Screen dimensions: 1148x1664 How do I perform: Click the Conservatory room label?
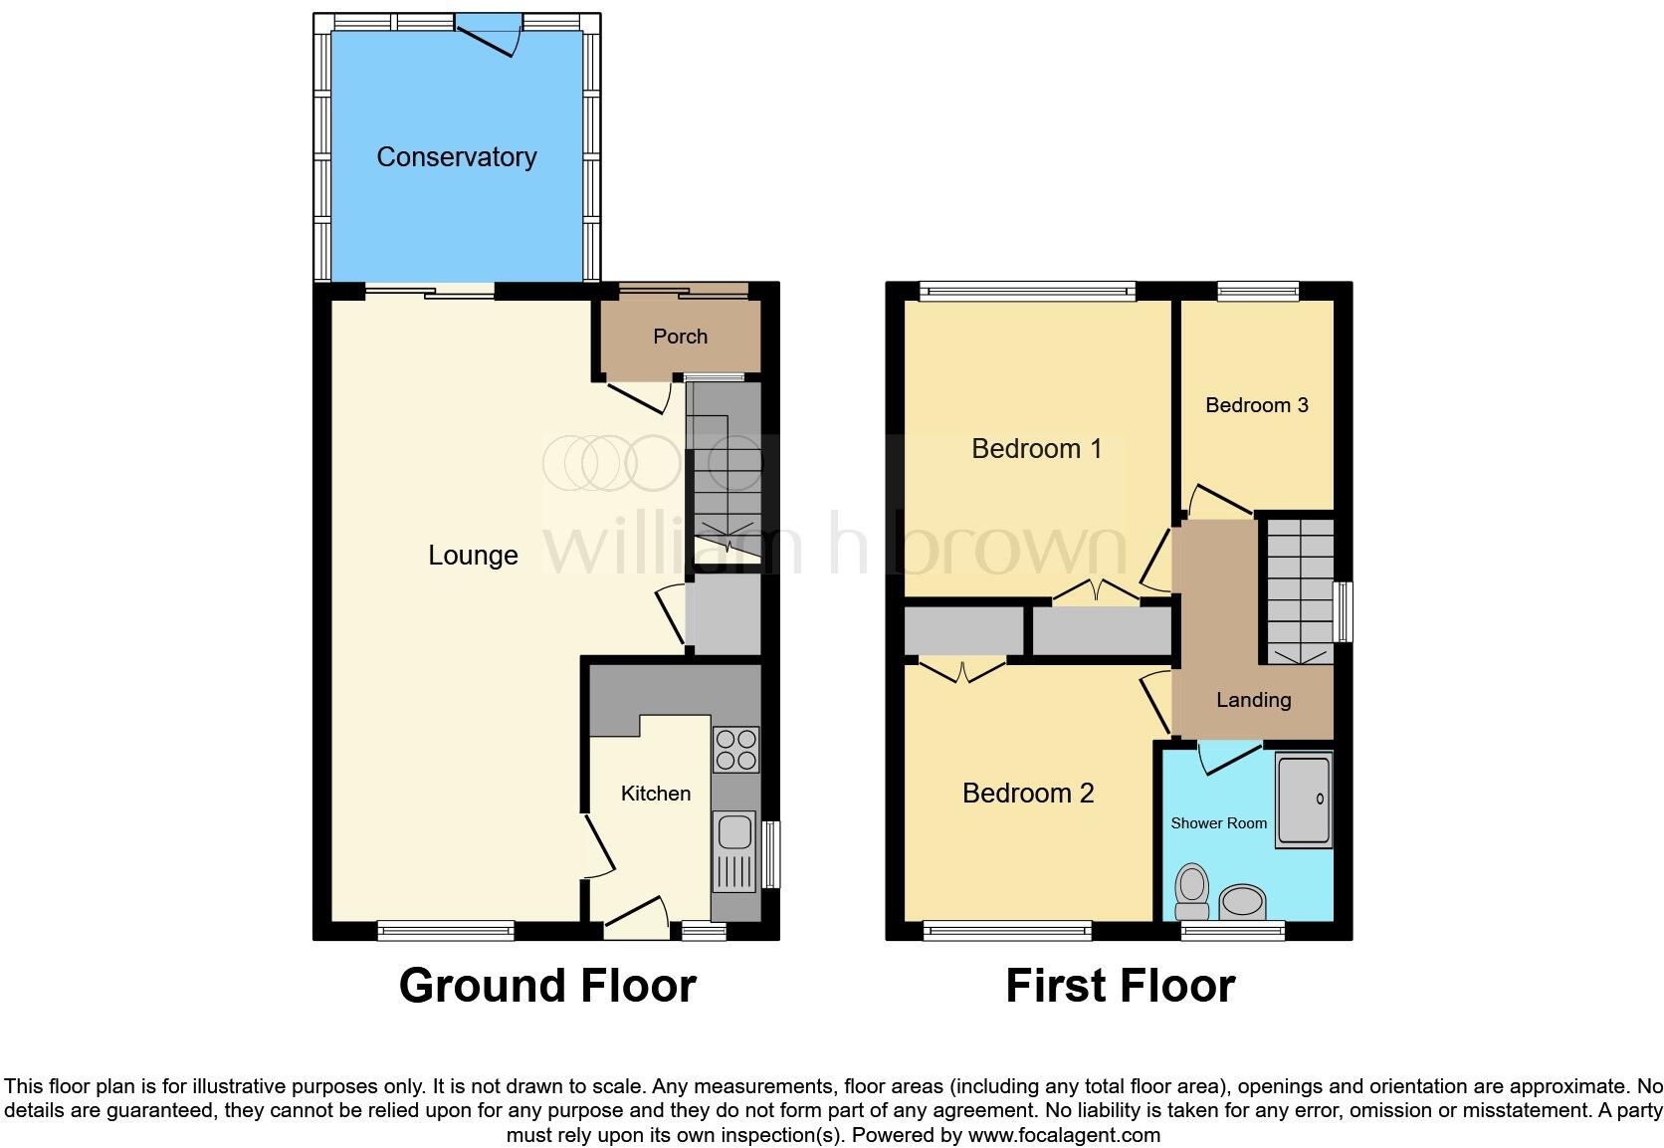[456, 157]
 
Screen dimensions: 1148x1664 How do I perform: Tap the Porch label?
[680, 337]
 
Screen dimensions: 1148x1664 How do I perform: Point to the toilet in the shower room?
[1191, 891]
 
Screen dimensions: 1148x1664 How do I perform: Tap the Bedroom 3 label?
[1256, 405]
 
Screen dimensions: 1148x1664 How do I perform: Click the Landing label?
[1253, 700]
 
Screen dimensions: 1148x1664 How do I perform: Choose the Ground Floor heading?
[547, 986]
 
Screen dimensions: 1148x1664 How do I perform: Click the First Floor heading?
[1120, 986]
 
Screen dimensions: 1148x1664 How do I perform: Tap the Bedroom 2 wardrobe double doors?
[963, 671]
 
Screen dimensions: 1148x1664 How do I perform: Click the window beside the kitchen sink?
[771, 853]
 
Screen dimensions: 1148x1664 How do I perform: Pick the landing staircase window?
[1343, 611]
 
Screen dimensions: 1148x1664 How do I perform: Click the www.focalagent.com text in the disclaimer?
[1064, 1135]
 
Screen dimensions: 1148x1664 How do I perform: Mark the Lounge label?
[473, 556]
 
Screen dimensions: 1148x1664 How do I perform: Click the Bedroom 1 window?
[1026, 291]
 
